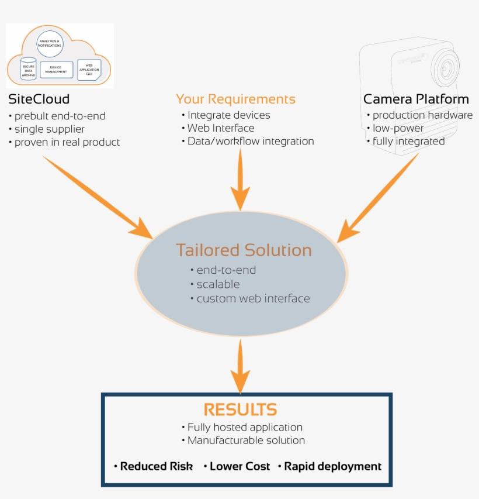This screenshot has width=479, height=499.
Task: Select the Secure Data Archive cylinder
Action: (28, 69)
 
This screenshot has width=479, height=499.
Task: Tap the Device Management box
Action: (57, 70)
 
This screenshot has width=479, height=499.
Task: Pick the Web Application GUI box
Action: (89, 69)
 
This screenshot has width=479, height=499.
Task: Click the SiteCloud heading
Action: (39, 99)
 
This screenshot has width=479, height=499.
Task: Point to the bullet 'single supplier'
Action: (50, 129)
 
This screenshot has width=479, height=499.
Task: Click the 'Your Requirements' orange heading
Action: (235, 99)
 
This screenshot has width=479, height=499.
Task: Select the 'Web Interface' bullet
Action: (220, 128)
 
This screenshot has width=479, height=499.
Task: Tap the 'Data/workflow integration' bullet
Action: (250, 141)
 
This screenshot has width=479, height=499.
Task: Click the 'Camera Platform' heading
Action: (416, 99)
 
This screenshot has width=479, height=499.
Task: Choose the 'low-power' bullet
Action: (398, 128)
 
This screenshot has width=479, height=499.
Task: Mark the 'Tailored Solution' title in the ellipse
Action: (244, 250)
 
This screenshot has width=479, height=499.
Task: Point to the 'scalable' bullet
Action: (217, 284)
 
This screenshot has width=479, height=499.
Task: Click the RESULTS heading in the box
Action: (239, 409)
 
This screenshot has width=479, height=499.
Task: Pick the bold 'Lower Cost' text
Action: (239, 466)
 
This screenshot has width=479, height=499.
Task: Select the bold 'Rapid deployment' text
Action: (332, 466)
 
